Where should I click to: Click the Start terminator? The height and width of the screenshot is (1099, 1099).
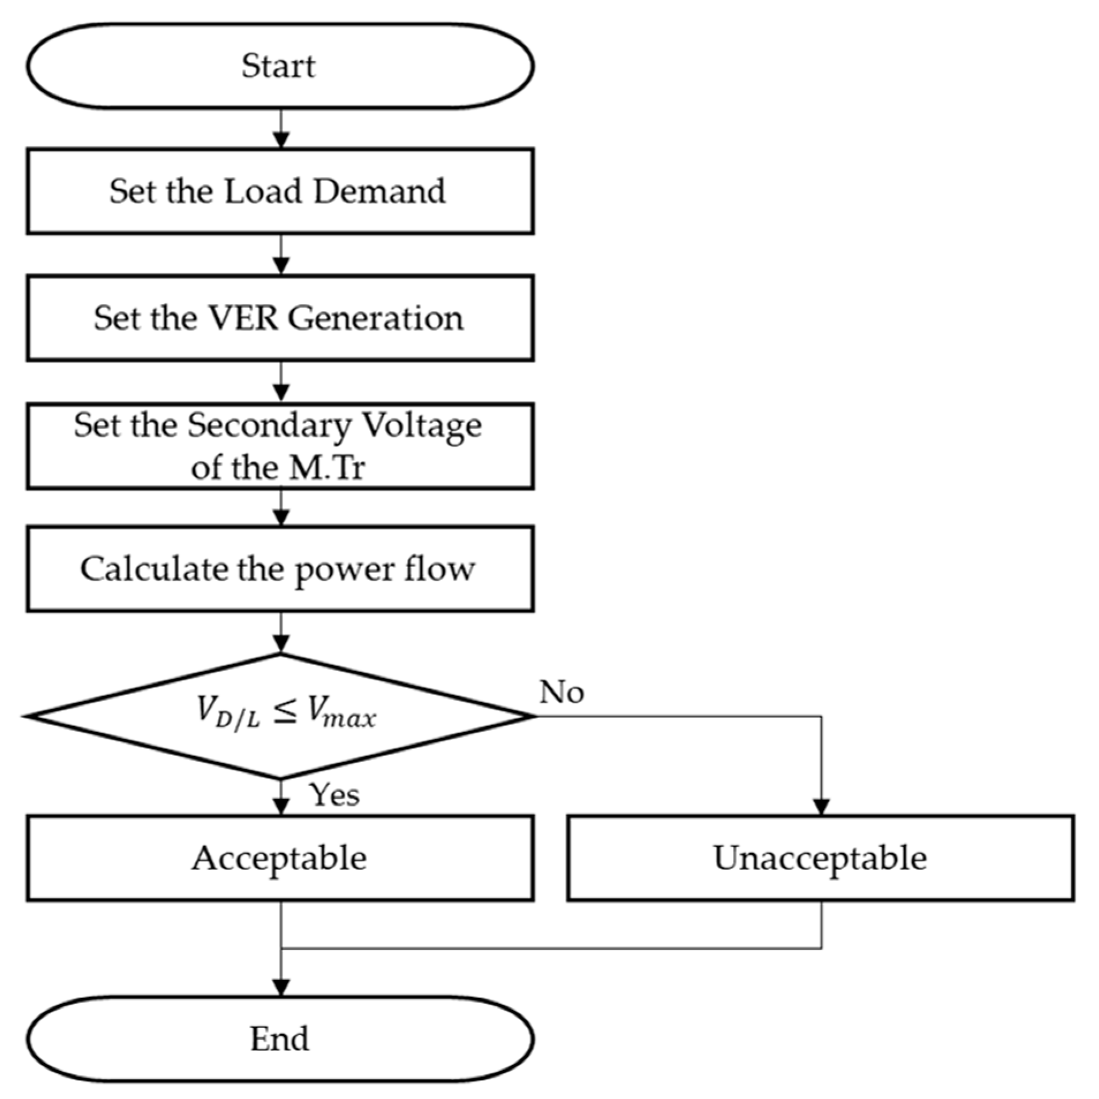click(280, 66)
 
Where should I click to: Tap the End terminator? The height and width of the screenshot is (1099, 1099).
click(280, 1038)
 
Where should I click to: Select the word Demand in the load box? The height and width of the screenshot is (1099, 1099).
click(379, 191)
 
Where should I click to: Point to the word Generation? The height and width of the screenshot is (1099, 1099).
click(375, 318)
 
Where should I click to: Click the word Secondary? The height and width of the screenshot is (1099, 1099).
click(269, 426)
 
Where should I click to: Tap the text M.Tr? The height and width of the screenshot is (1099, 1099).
click(326, 467)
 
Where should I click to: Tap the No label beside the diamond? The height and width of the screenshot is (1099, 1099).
click(561, 692)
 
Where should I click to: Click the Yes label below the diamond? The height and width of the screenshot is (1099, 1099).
click(334, 795)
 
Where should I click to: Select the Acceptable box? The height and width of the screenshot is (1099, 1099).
click(280, 858)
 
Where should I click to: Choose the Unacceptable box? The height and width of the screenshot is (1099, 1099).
click(820, 858)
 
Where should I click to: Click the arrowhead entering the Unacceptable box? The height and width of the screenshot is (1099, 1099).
click(821, 807)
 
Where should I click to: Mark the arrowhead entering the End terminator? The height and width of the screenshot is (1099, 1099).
click(281, 987)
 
